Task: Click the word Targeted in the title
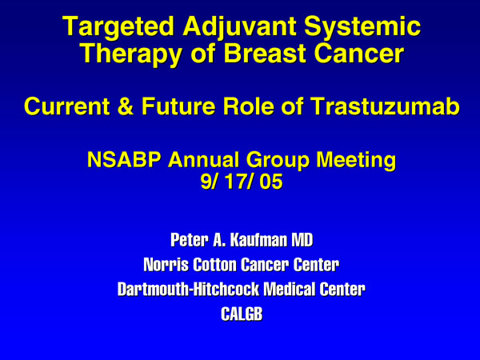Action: (x=118, y=27)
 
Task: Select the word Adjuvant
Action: (x=239, y=27)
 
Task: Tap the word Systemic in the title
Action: (x=362, y=27)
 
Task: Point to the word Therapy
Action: (x=132, y=54)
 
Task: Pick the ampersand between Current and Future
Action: (x=126, y=106)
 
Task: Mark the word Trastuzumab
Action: (x=385, y=106)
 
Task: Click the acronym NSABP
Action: (x=124, y=159)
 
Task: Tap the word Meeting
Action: (x=356, y=160)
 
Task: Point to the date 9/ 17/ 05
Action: (x=242, y=182)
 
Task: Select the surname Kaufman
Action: (x=258, y=240)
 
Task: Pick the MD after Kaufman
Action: (x=302, y=240)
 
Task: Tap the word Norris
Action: (x=166, y=265)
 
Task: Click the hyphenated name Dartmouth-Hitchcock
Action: (x=188, y=290)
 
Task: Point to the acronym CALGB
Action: (x=242, y=314)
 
